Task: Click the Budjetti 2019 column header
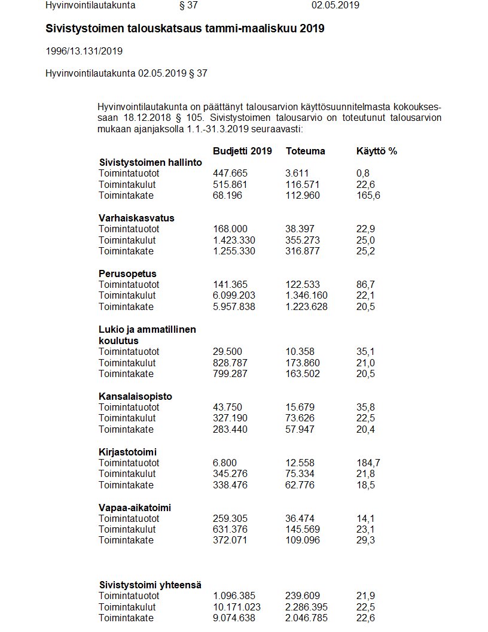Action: (x=242, y=151)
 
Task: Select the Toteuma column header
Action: (x=306, y=151)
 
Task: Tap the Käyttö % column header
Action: (x=376, y=151)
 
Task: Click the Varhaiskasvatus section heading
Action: (x=136, y=218)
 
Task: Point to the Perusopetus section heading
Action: (x=127, y=274)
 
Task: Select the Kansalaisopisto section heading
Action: (x=135, y=396)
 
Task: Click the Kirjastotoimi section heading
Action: (x=127, y=452)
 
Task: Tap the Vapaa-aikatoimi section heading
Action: (x=135, y=508)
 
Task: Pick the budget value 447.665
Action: (x=230, y=174)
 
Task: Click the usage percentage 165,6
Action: (x=368, y=196)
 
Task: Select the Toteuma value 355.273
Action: (x=303, y=240)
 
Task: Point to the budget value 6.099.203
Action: (x=234, y=296)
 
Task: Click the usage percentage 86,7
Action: (x=365, y=284)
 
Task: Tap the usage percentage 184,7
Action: (x=368, y=463)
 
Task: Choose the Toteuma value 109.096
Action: (x=303, y=540)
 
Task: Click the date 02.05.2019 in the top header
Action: (x=335, y=5)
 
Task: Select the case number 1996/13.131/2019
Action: (x=84, y=51)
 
